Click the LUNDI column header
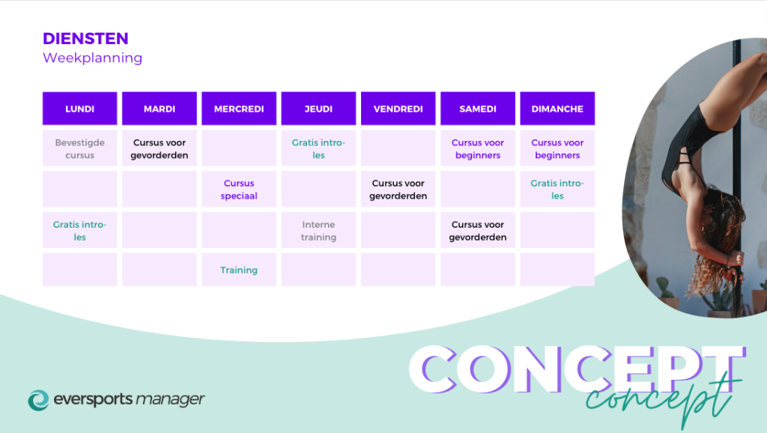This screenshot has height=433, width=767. tap(79, 109)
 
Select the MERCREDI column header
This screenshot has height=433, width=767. tap(239, 109)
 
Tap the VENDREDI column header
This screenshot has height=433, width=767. tap(398, 109)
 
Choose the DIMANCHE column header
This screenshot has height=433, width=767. tap(557, 109)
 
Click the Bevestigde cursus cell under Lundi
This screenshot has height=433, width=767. tap(79, 149)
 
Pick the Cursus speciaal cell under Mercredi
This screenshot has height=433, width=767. tap(239, 190)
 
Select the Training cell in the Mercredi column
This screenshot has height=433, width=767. tap(239, 270)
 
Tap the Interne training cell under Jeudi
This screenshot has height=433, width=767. tap(318, 231)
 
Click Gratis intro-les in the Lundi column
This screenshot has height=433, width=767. tap(79, 231)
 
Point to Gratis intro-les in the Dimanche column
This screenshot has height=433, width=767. tap(557, 190)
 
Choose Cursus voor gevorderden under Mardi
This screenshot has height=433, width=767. tap(160, 149)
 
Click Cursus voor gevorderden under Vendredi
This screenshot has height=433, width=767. tap(398, 190)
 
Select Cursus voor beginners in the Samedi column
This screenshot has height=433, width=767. tap(478, 149)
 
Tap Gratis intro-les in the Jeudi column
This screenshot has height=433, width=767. tap(318, 149)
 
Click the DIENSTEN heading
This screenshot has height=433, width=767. tap(85, 38)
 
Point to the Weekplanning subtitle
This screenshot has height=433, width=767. tap(92, 58)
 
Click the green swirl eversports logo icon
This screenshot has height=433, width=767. tap(39, 400)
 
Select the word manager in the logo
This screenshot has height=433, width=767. tap(170, 399)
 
